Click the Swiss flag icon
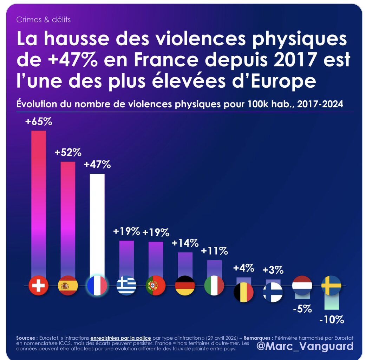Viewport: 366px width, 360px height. tap(38, 286)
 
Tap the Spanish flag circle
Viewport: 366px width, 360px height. tap(68, 286)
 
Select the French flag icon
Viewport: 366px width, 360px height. tap(97, 286)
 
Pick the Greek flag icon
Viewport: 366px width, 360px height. tap(126, 286)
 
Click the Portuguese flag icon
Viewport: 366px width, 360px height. tap(156, 286)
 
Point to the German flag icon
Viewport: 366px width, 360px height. tap(185, 286)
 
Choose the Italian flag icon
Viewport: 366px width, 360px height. tap(214, 286)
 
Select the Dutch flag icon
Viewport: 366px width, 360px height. tap(302, 285)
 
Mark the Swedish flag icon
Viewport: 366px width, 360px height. tap(331, 285)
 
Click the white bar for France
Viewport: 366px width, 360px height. tap(97, 225)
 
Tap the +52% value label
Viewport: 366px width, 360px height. tap(68, 153)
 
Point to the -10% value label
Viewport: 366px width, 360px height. tap(332, 320)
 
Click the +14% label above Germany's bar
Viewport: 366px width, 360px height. tap(185, 243)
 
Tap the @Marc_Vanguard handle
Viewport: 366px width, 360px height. tap(305, 346)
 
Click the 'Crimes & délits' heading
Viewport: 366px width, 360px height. tap(44, 19)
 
